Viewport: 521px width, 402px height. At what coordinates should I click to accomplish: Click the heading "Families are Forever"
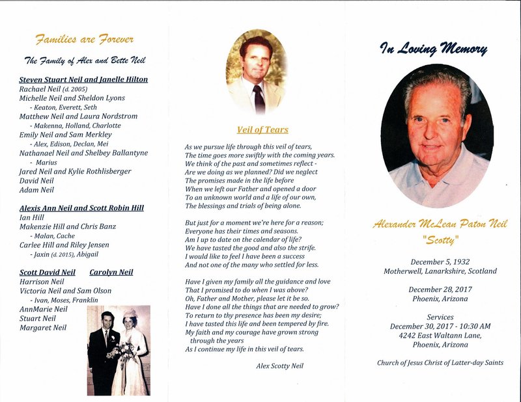[x=85, y=40]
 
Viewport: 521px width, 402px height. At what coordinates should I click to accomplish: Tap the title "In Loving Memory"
[x=434, y=48]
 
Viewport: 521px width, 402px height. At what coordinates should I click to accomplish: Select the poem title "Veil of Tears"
[x=262, y=129]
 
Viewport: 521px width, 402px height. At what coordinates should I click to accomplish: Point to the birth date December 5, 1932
[x=440, y=261]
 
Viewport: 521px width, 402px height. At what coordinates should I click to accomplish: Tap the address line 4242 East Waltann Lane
[x=440, y=336]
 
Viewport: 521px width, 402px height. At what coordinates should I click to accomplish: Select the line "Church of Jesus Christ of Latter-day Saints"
[x=440, y=362]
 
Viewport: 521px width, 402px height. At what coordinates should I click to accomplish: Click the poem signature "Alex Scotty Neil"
[x=279, y=366]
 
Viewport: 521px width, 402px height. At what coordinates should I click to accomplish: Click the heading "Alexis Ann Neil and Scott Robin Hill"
[x=81, y=208]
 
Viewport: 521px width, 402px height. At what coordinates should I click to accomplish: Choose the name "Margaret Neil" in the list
[x=43, y=328]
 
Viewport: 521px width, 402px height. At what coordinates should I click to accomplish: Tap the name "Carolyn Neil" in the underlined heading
[x=111, y=272]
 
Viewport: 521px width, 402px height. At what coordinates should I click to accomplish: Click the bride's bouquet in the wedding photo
[x=123, y=351]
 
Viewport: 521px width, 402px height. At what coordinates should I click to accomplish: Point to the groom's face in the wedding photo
[x=107, y=321]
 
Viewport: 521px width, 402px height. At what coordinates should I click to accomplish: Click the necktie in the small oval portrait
[x=259, y=98]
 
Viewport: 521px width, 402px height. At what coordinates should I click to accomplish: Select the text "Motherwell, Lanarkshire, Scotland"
[x=440, y=271]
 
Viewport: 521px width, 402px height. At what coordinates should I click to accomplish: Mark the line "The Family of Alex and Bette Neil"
[x=85, y=60]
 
